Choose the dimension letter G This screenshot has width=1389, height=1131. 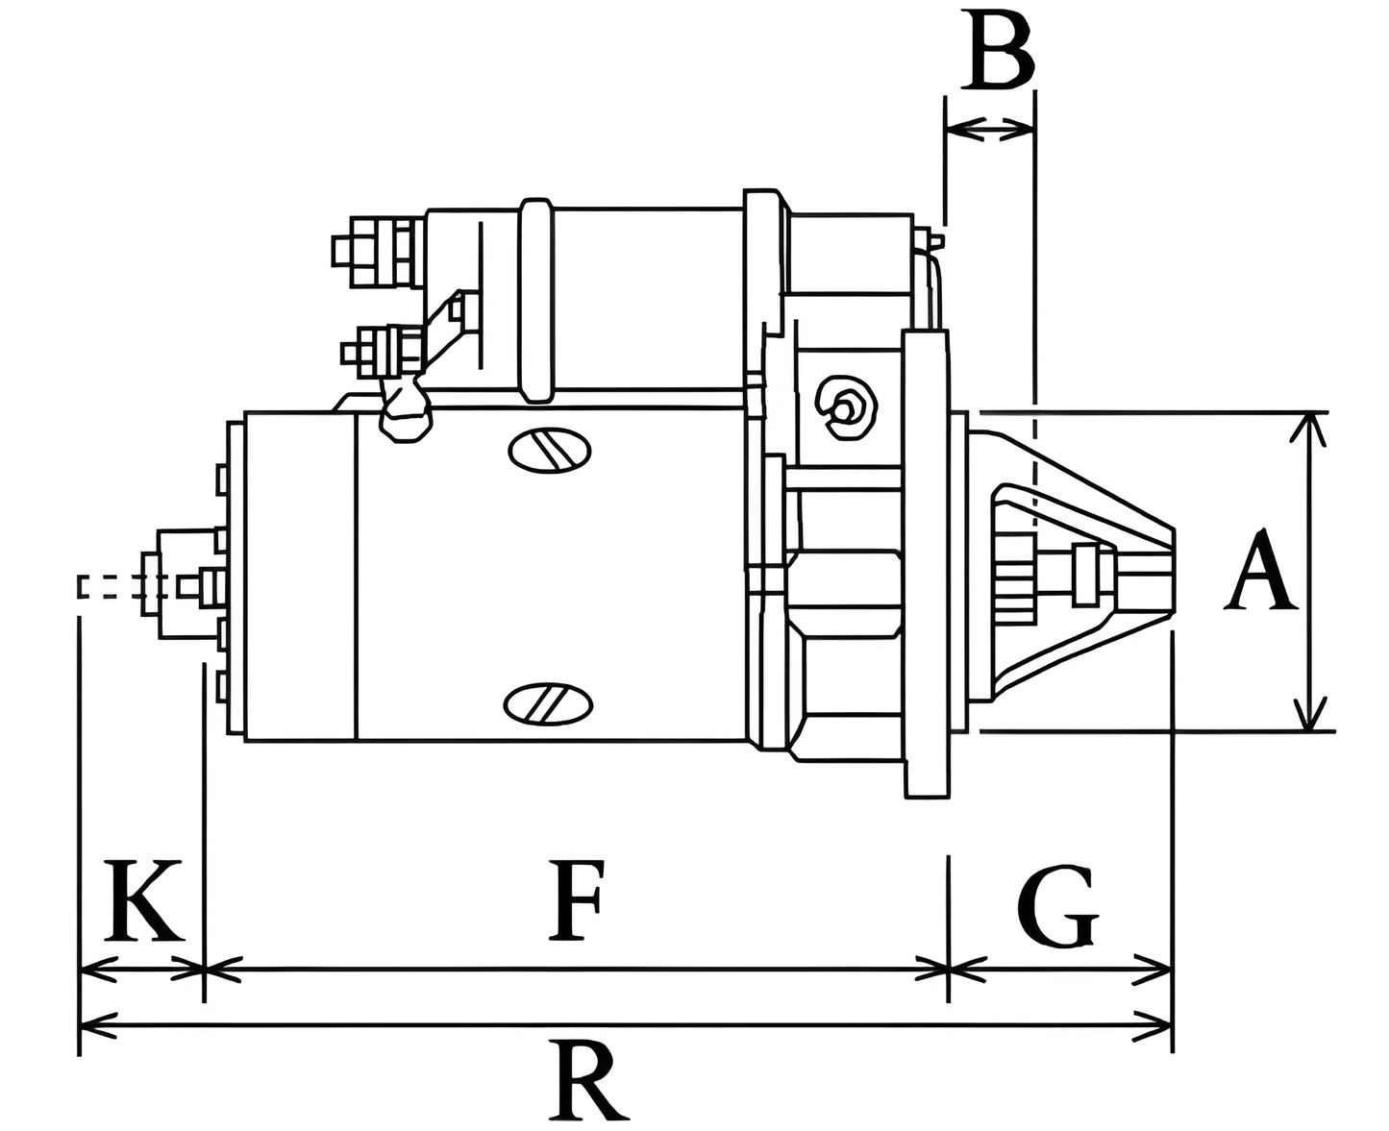pyautogui.click(x=1057, y=907)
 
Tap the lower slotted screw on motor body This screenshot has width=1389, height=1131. pyautogui.click(x=548, y=702)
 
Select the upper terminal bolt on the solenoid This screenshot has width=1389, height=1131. pyautogui.click(x=375, y=252)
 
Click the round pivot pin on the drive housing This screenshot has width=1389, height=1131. pyautogui.click(x=845, y=408)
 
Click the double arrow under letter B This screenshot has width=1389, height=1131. pyautogui.click(x=990, y=128)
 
